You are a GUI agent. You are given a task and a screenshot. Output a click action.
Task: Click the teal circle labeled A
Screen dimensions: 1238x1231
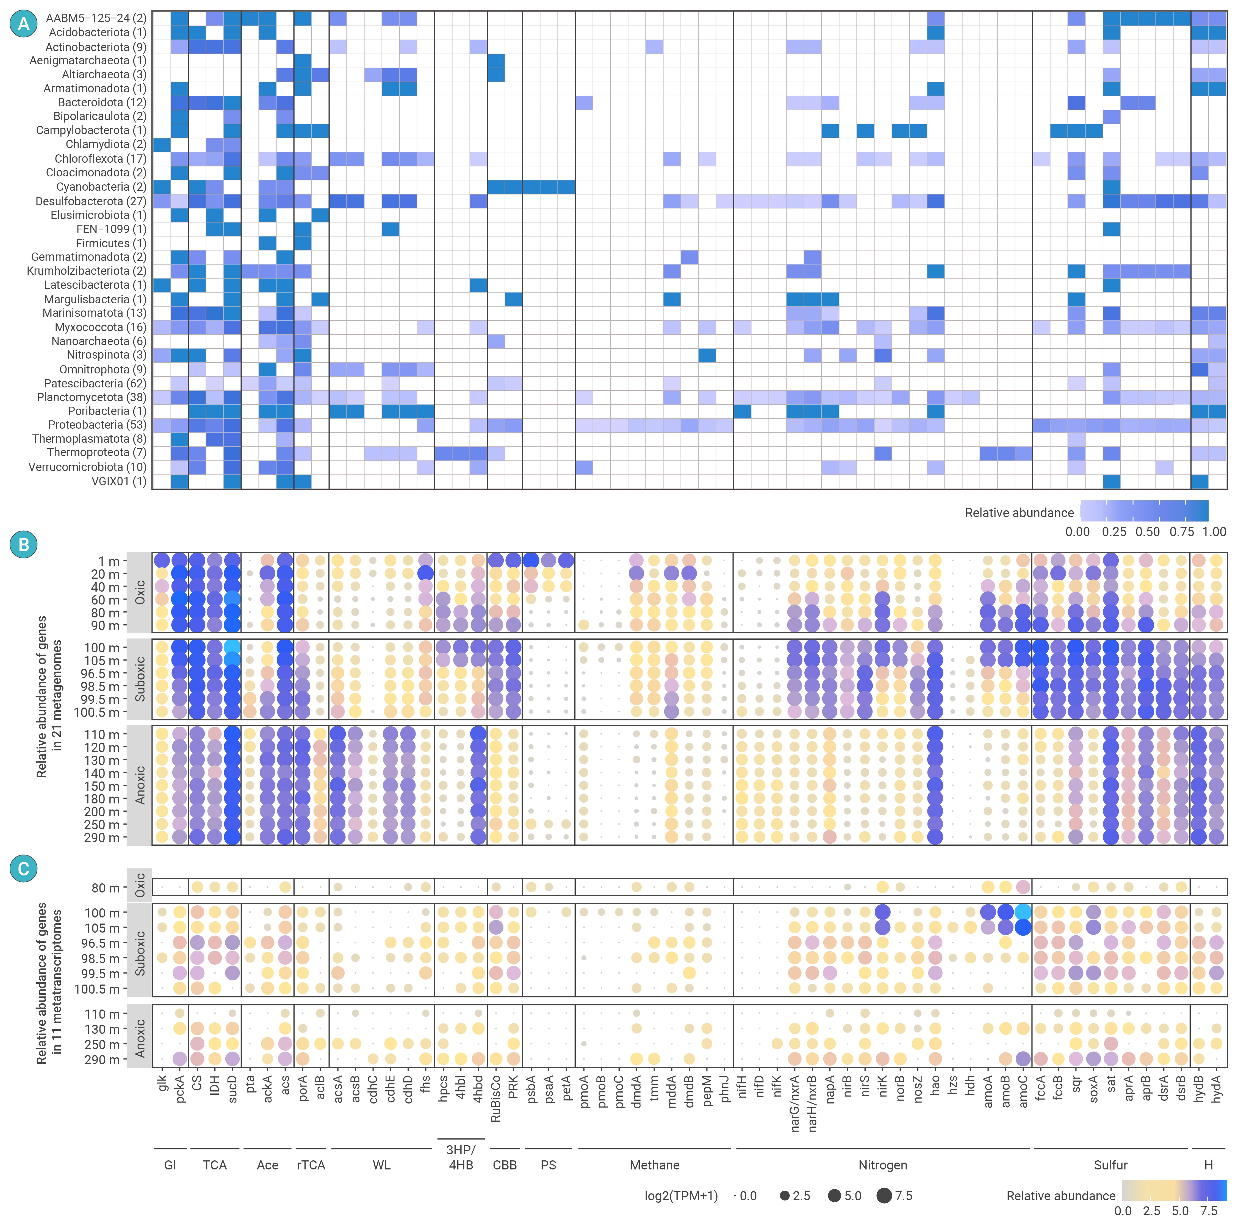click(x=24, y=24)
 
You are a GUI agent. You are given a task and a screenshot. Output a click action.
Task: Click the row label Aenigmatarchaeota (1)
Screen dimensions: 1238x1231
click(x=88, y=60)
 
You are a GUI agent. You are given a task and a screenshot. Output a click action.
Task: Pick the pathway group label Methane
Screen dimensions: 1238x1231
click(x=654, y=1165)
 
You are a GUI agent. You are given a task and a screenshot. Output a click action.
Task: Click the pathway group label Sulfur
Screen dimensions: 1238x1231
click(x=1110, y=1165)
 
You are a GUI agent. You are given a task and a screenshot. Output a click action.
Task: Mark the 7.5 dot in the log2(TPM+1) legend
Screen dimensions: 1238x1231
click(x=884, y=1196)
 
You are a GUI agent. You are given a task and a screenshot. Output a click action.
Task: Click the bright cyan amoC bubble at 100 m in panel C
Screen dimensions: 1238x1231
click(x=1023, y=912)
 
